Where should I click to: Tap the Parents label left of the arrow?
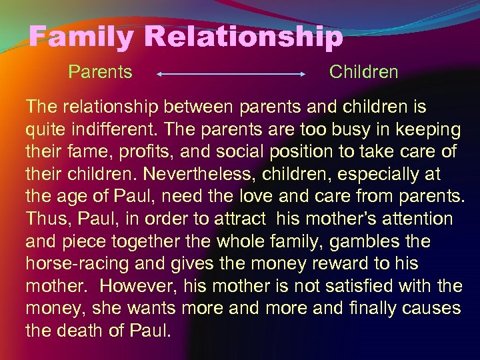(100, 72)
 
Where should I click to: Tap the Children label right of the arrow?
(363, 72)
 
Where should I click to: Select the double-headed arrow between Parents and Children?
(231, 75)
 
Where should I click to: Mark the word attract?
(238, 219)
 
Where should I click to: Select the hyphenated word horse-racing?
(77, 264)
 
